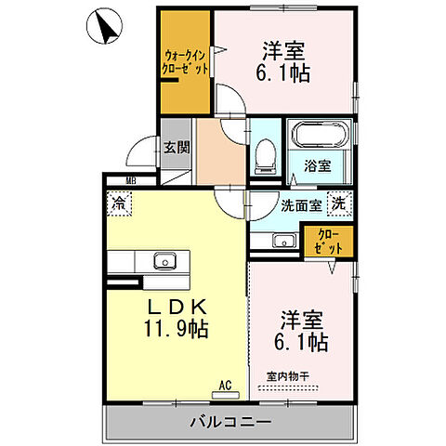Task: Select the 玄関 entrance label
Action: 177,147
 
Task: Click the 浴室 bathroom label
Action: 318,167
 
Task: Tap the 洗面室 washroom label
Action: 301,204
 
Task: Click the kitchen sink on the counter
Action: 164,260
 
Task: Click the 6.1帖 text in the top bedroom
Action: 284,72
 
